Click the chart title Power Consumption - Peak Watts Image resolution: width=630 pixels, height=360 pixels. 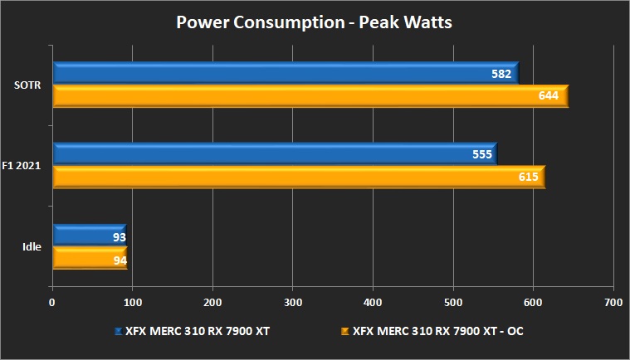coord(315,22)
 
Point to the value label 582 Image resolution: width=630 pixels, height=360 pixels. coord(501,74)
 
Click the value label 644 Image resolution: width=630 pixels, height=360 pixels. coord(548,96)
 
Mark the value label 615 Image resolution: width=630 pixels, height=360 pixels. coord(529,177)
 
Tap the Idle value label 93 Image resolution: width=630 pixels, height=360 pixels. coord(119,237)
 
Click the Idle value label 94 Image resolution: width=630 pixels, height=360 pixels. coord(119,259)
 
